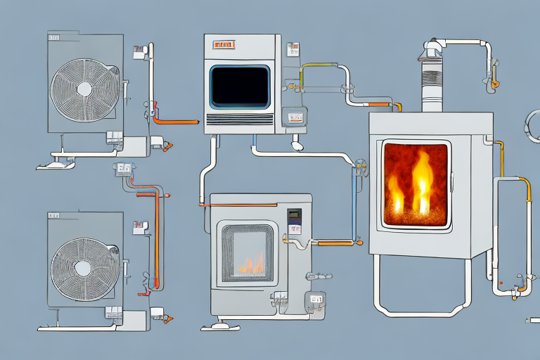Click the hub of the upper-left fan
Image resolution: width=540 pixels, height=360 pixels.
[x=84, y=89]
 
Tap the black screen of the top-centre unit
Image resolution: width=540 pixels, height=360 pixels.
[x=240, y=86]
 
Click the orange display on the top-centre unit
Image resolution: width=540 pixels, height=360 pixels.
[x=224, y=46]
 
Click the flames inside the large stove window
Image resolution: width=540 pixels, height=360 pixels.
[x=414, y=184]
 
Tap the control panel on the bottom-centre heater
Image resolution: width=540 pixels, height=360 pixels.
[x=294, y=221]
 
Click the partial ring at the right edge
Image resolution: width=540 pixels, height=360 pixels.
[x=532, y=127]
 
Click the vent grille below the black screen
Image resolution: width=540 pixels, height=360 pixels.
[x=240, y=120]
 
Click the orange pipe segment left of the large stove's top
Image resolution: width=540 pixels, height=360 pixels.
[x=380, y=105]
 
